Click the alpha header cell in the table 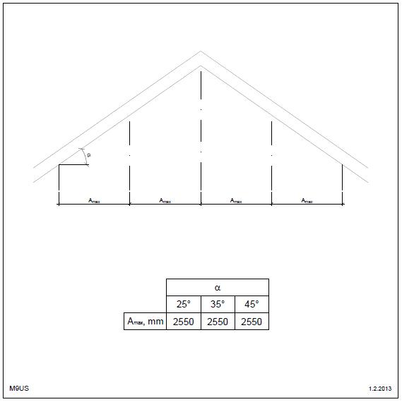tap(218, 288)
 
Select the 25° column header tap(184, 304)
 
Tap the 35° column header tap(218, 304)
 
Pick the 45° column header tap(252, 304)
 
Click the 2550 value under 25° tap(184, 322)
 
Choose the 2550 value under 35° tap(218, 322)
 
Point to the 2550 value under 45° tap(252, 322)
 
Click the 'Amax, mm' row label tap(146, 321)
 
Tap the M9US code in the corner tap(19, 388)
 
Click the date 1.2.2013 tap(380, 389)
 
